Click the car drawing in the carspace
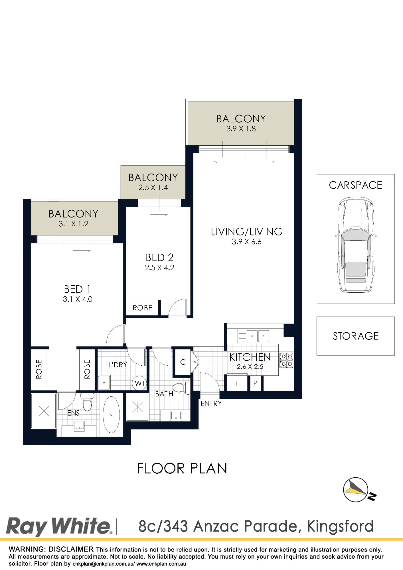point(356,244)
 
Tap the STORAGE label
point(356,336)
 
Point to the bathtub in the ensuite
point(111,415)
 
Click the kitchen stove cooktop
point(286,361)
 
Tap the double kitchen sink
point(254,336)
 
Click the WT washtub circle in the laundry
point(139,383)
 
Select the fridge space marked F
point(237,383)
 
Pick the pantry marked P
point(256,383)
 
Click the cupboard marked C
point(183,362)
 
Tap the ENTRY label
point(211,404)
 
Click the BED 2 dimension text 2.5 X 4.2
point(159,268)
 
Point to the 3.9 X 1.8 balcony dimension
point(241,129)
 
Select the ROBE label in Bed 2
point(142,308)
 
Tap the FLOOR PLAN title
point(182,469)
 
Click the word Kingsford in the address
point(340,526)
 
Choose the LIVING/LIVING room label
point(247,232)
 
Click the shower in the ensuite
point(44,411)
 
